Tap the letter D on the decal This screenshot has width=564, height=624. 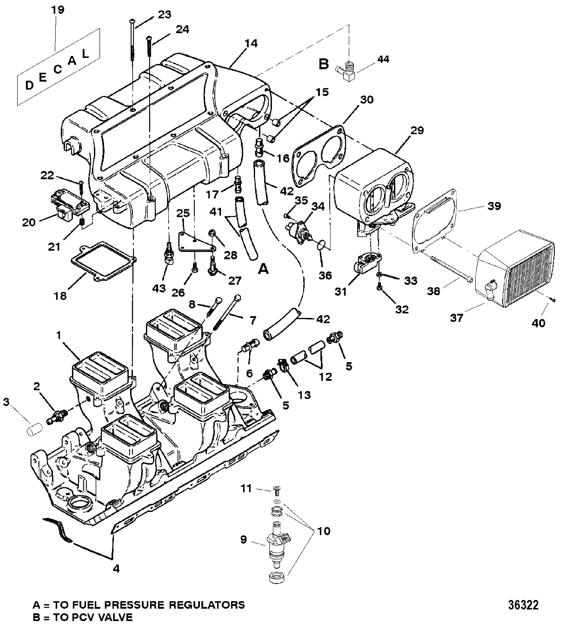point(29,85)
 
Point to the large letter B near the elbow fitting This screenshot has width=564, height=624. point(323,64)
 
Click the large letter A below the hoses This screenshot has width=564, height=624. point(263,270)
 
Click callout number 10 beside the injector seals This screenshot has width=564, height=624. point(324,531)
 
